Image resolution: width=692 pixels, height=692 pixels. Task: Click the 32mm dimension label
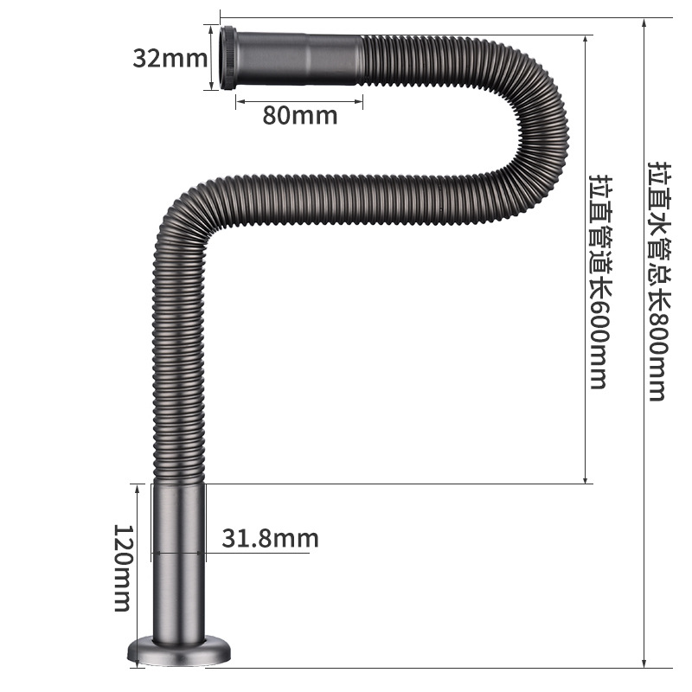[x=170, y=59]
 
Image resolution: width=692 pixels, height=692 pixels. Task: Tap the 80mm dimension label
[x=299, y=115]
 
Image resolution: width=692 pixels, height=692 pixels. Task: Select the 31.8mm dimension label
[x=270, y=539]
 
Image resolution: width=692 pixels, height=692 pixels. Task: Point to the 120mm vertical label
[x=125, y=567]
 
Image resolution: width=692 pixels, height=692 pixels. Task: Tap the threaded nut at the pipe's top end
[x=231, y=58]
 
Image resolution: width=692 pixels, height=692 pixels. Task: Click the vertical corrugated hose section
[x=178, y=363]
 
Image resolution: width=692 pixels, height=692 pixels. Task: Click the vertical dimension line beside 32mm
[x=211, y=58]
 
